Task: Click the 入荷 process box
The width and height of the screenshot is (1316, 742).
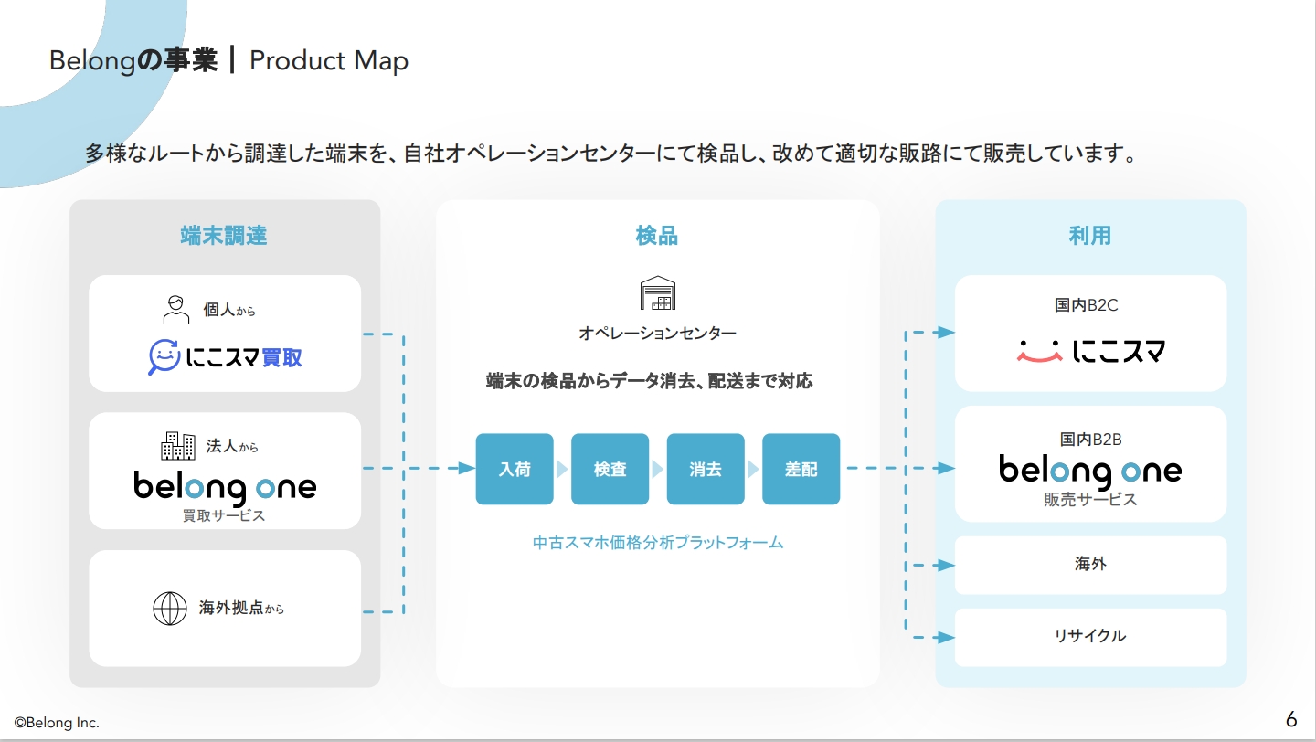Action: (x=515, y=469)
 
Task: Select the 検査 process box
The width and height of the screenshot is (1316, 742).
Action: (x=610, y=469)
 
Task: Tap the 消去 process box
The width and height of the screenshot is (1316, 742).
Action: (x=706, y=469)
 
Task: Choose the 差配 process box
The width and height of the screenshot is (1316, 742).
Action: (x=801, y=469)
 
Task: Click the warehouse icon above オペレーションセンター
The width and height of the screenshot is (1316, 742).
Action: (x=657, y=292)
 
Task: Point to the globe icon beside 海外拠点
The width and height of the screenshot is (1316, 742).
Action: (x=170, y=608)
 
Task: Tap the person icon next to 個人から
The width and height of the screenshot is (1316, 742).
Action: (x=175, y=310)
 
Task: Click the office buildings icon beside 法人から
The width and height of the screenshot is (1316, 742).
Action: (x=178, y=446)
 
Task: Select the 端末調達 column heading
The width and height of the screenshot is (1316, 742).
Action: (x=224, y=236)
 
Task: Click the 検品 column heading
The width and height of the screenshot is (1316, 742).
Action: (x=657, y=236)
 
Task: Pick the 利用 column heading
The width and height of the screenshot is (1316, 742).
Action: (x=1089, y=236)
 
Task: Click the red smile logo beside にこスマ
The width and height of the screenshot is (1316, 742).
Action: (x=1039, y=351)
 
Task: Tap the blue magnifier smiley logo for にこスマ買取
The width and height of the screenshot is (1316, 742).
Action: (x=164, y=356)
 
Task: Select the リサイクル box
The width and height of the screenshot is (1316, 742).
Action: (x=1090, y=637)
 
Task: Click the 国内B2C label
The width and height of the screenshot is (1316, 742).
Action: (x=1087, y=305)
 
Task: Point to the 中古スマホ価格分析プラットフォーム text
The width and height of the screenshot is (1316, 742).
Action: (x=658, y=542)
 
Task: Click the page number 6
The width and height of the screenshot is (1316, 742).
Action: (x=1291, y=719)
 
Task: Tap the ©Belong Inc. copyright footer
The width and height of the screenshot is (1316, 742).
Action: (x=57, y=723)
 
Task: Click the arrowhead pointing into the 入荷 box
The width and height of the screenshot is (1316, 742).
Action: (x=467, y=468)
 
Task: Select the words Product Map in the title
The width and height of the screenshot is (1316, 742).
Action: (x=329, y=61)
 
